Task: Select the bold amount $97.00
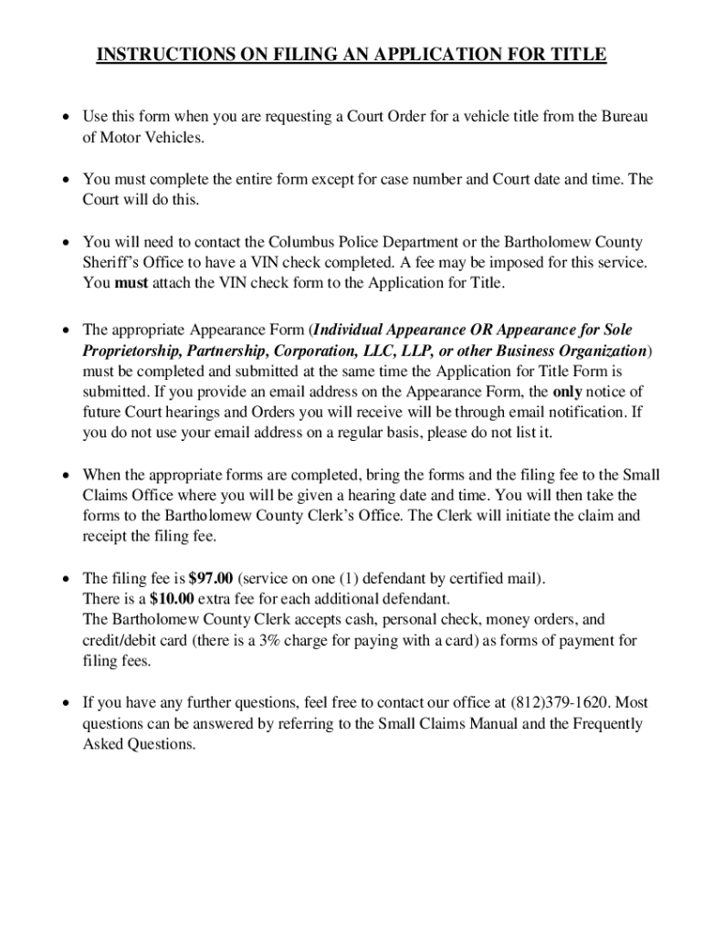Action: click(x=211, y=578)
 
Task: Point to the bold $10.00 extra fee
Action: click(x=147, y=599)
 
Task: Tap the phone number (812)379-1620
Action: click(x=560, y=703)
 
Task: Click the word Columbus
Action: click(x=301, y=242)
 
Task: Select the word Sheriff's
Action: click(x=110, y=263)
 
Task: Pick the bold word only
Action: click(x=570, y=392)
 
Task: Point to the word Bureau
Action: click(x=623, y=118)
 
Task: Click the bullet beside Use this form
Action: click(x=66, y=118)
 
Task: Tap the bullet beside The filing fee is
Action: click(x=66, y=578)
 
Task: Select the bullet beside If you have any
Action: click(x=66, y=703)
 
